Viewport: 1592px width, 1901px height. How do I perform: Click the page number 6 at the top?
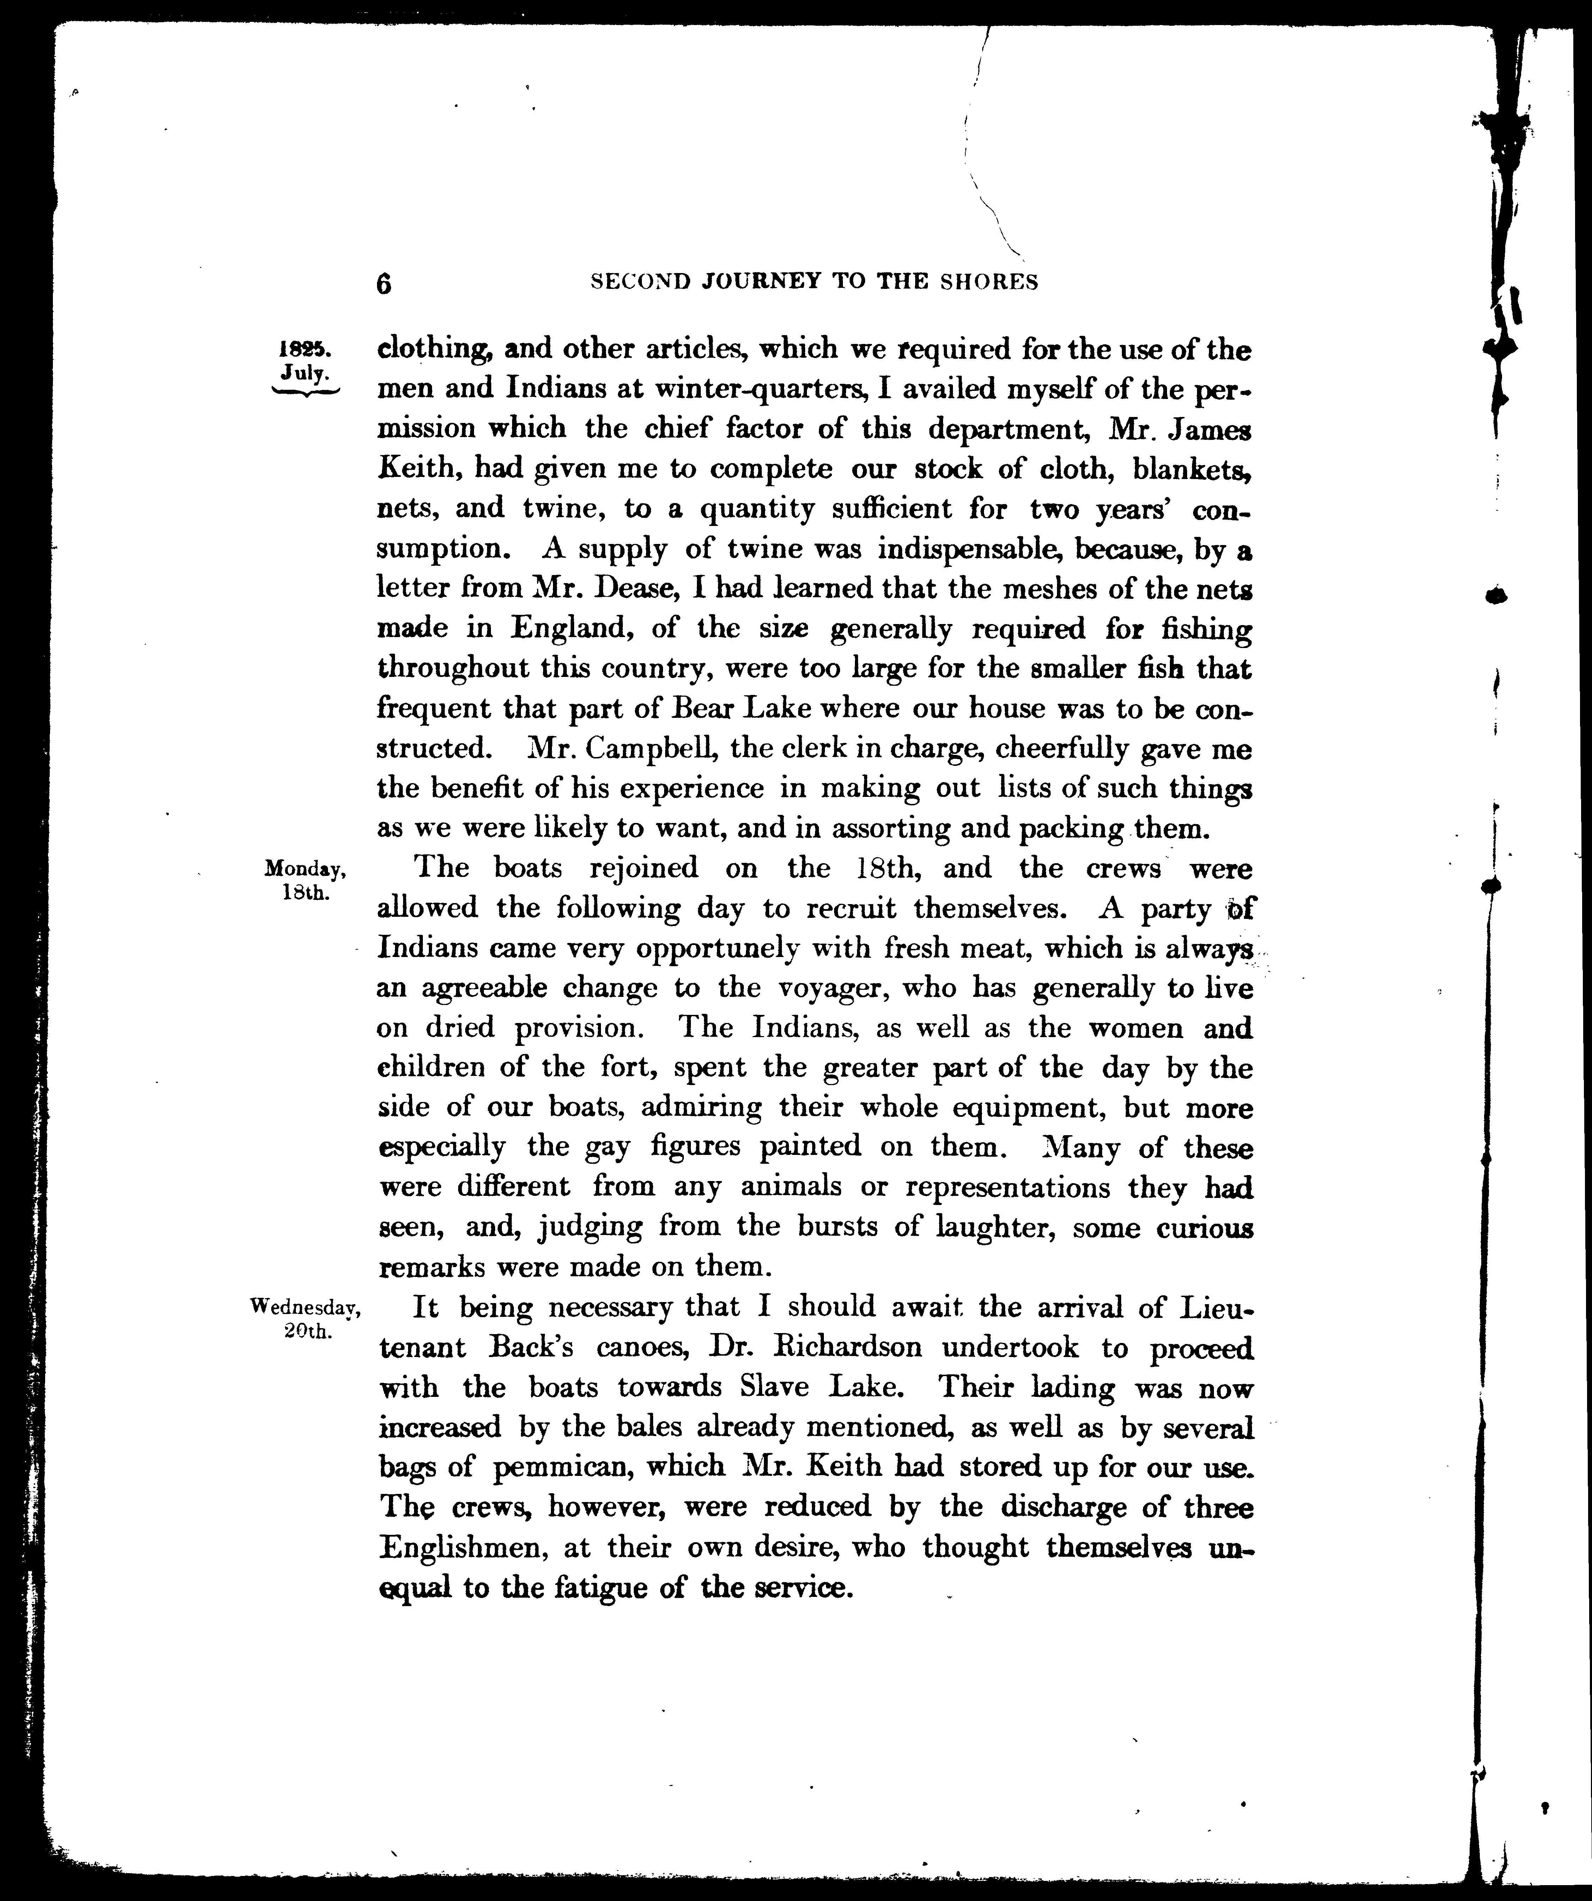point(384,283)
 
